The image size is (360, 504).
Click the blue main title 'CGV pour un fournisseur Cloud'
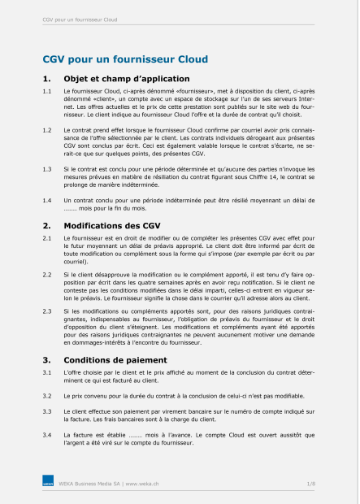[125, 59]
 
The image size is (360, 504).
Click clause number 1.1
[47, 94]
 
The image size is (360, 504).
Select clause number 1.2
[47, 130]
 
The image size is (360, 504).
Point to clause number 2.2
[47, 276]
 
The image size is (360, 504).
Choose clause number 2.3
[47, 311]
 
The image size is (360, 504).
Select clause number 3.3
[47, 412]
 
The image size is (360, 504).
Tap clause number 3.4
[47, 435]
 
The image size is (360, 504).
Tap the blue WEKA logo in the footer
[48, 484]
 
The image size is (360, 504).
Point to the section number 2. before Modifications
[46, 223]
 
